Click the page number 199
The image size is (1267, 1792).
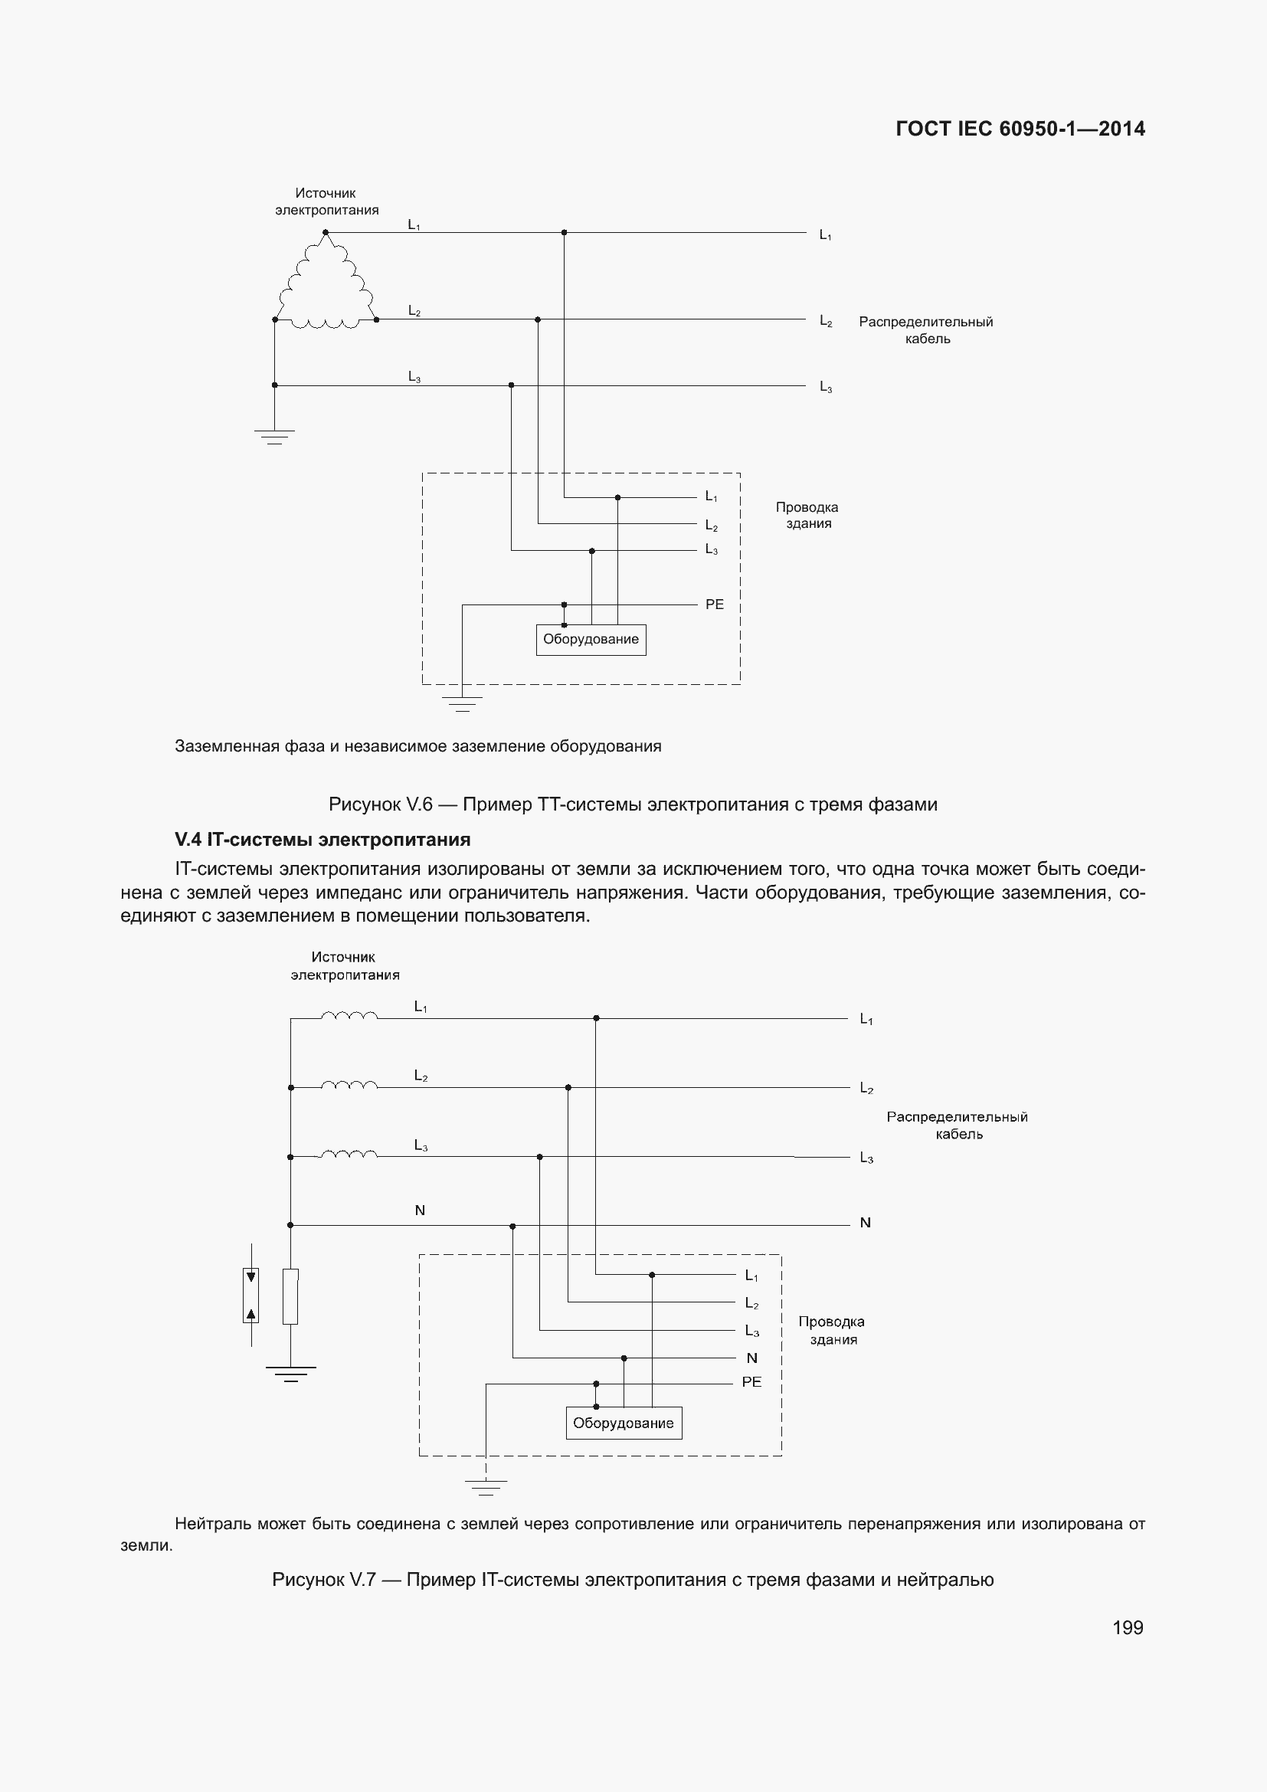1128,1627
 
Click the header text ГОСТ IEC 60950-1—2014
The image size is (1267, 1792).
1020,129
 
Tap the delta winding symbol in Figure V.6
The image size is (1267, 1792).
326,285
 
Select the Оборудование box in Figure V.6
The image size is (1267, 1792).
591,639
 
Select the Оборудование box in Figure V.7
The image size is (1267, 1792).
623,1423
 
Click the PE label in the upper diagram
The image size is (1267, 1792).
714,604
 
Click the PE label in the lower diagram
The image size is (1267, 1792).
751,1381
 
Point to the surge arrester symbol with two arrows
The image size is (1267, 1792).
250,1296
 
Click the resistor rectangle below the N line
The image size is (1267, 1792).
290,1296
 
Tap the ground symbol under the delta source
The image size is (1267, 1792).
273,436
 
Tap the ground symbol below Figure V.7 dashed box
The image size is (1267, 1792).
485,1486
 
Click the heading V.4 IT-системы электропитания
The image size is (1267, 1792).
322,840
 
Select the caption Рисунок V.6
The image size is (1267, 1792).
633,804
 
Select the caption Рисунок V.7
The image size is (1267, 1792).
633,1580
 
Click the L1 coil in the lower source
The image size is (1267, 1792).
349,1015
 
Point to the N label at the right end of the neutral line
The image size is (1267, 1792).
864,1223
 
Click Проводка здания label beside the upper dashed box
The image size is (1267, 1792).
807,515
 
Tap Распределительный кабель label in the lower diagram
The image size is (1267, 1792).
958,1125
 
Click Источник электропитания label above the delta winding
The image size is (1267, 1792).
326,201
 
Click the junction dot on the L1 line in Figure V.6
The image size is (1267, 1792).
564,233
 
